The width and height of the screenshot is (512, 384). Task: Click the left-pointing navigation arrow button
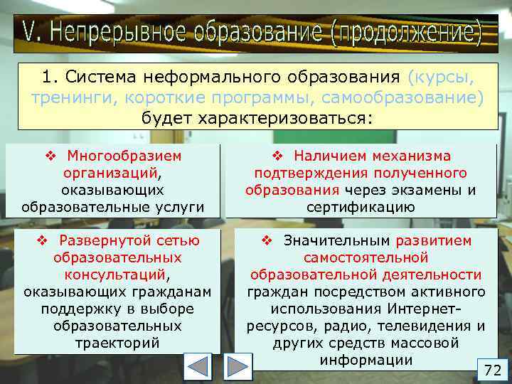198,368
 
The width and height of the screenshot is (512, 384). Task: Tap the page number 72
492,370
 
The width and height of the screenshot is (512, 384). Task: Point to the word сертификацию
361,207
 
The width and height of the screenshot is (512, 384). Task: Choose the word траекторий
118,343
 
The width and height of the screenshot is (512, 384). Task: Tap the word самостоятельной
366,258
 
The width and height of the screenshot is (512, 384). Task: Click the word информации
366,360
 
